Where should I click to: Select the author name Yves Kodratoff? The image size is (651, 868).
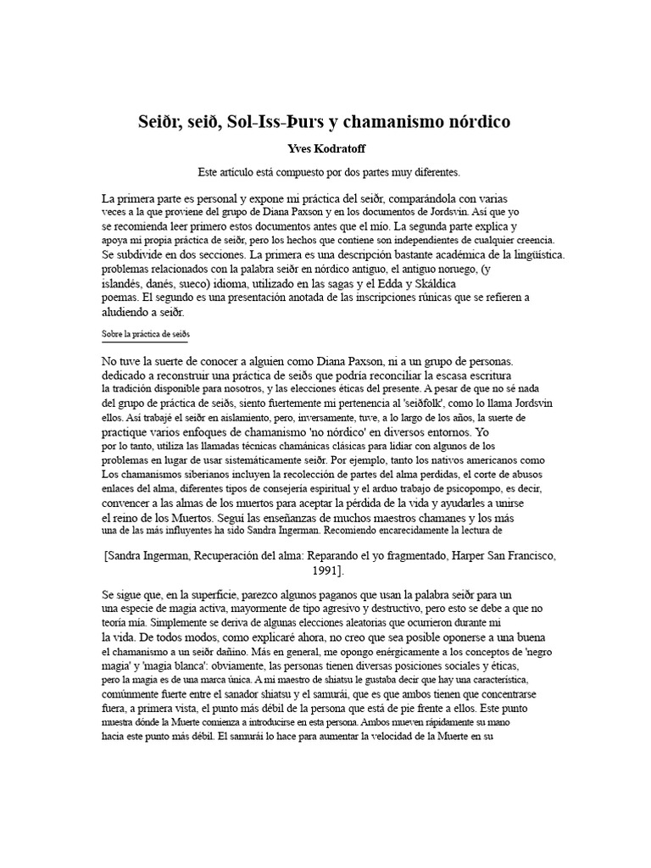[x=325, y=148]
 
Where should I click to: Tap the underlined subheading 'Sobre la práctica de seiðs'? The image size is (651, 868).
[x=145, y=335]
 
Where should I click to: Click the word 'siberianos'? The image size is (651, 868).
[x=190, y=474]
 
